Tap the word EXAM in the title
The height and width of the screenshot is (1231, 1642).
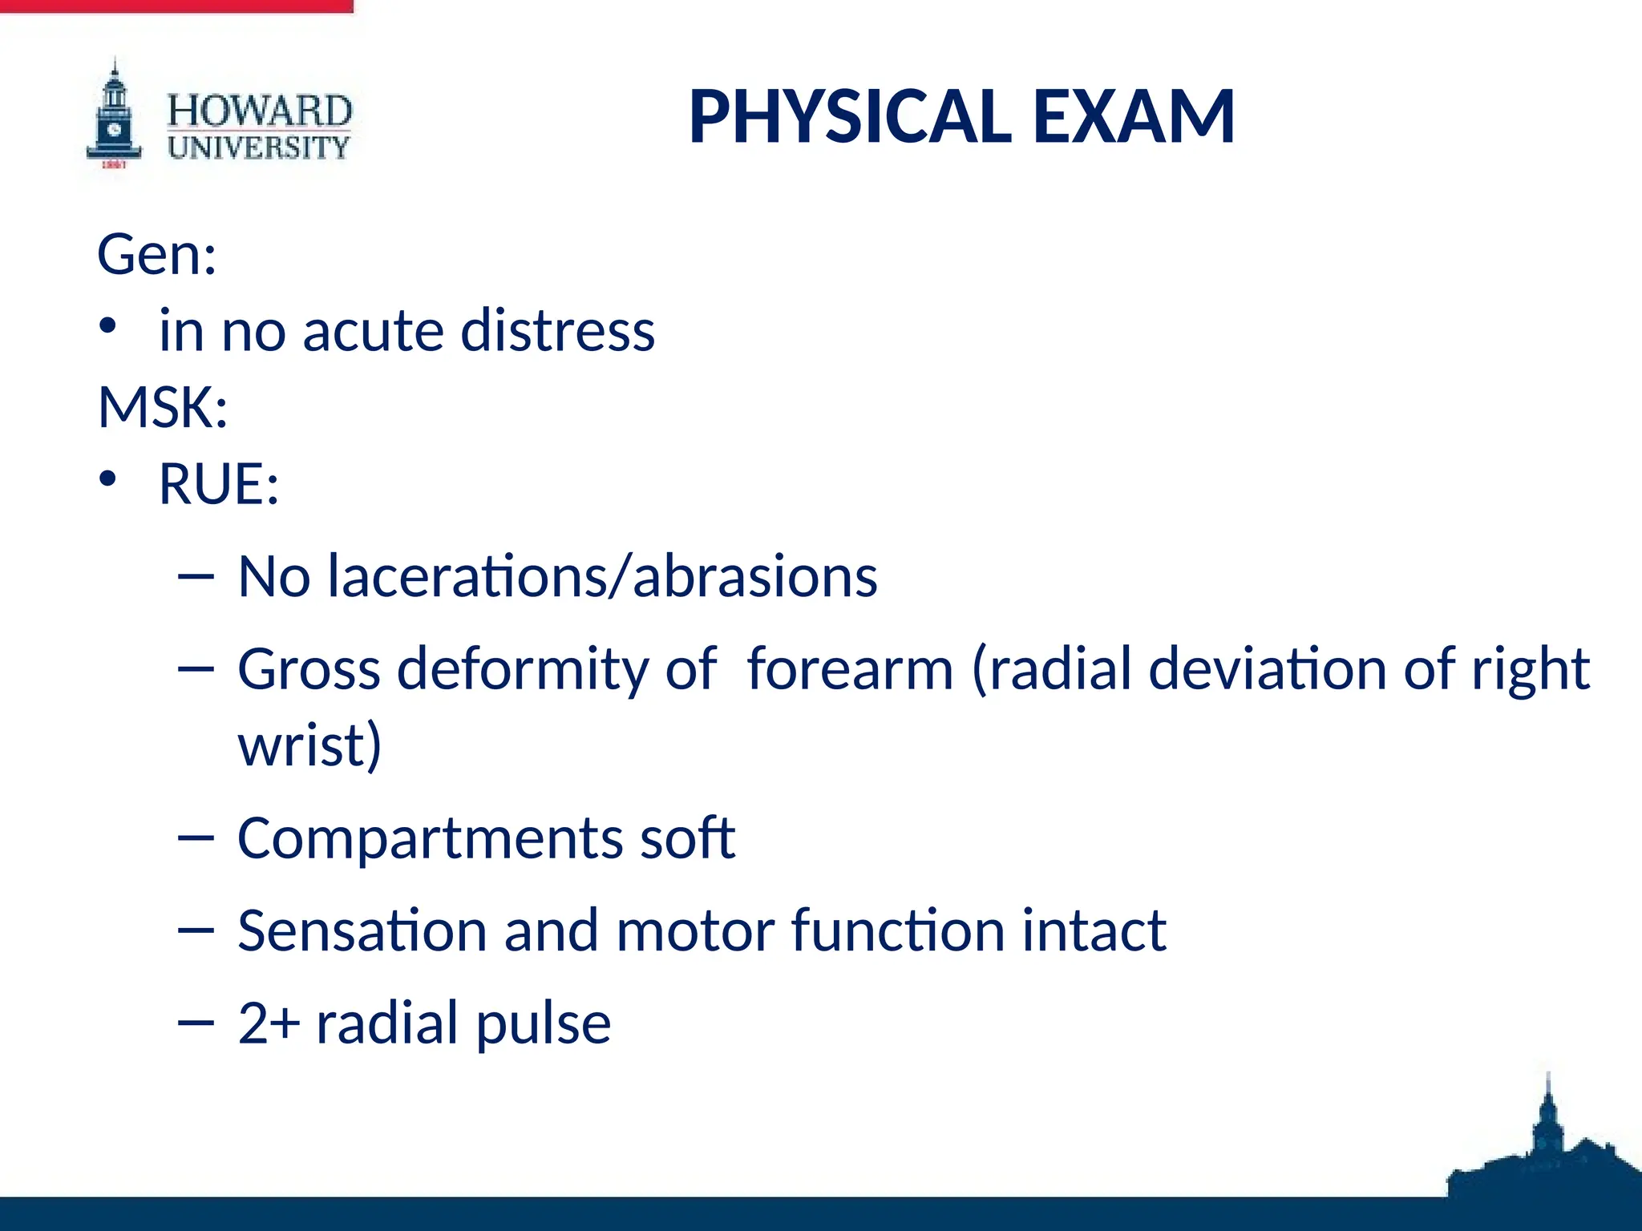point(1134,117)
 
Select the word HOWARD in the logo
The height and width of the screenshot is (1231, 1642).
point(259,111)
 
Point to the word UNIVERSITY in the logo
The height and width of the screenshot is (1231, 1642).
point(259,147)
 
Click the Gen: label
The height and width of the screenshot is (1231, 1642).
point(157,254)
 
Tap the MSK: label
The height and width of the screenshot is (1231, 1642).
point(163,407)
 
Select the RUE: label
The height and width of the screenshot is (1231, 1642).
point(219,483)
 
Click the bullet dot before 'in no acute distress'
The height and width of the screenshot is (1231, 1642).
point(108,326)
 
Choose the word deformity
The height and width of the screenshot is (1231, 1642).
point(522,669)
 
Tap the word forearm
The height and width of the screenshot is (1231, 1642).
point(850,669)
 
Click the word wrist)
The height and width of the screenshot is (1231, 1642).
point(309,745)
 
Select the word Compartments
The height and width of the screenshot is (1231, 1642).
point(430,838)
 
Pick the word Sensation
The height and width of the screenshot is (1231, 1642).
point(362,930)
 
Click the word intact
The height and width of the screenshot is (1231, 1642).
point(1094,930)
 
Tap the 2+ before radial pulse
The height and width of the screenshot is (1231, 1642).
point(269,1023)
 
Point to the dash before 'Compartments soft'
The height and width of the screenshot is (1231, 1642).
point(196,838)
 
